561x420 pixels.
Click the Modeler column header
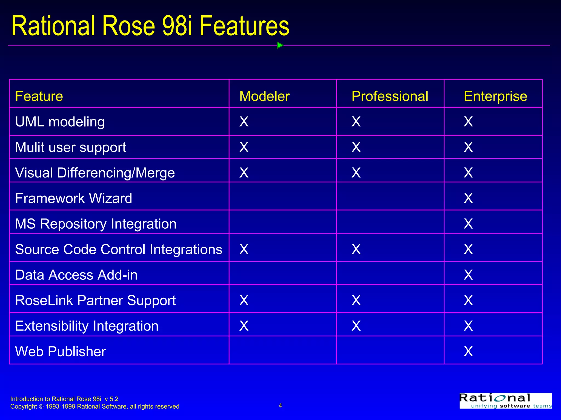(x=264, y=96)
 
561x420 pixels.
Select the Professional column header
(x=390, y=96)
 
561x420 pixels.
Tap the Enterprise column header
(x=495, y=96)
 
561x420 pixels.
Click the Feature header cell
(x=39, y=96)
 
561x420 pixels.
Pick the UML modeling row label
(x=60, y=122)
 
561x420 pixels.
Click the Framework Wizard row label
(x=74, y=198)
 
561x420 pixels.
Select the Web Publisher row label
(x=61, y=351)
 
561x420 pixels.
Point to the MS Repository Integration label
(x=96, y=224)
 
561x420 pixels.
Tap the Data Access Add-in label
(x=76, y=275)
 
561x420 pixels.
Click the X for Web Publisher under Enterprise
(x=468, y=351)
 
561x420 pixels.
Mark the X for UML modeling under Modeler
(x=244, y=122)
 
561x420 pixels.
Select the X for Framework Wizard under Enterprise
(x=468, y=198)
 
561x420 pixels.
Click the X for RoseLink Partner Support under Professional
(x=356, y=300)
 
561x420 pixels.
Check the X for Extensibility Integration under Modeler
(x=244, y=326)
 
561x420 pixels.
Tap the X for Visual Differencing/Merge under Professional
(x=356, y=173)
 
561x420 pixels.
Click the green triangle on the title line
(x=280, y=45)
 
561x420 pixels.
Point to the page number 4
(x=280, y=405)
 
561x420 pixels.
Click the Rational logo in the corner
(x=505, y=401)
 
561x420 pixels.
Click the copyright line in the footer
(x=95, y=407)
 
